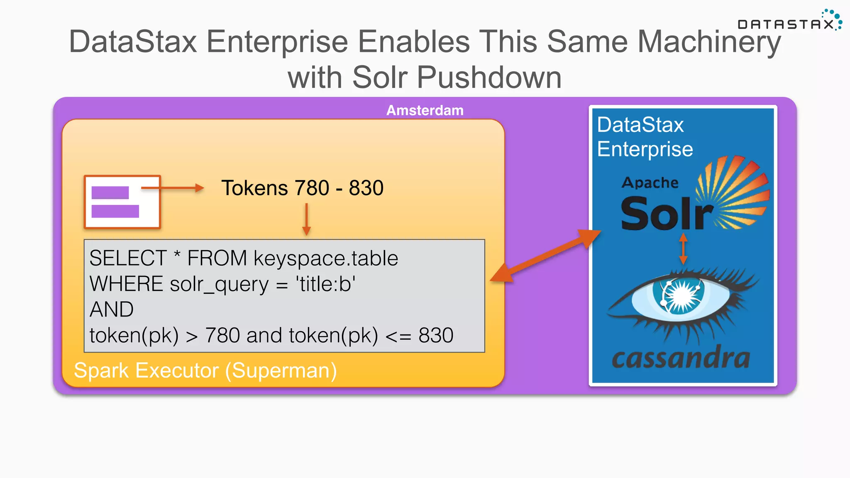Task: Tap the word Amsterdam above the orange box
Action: [x=425, y=110]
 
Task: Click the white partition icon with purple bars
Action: [x=122, y=202]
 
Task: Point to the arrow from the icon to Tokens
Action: [x=172, y=188]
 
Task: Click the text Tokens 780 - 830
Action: [x=302, y=188]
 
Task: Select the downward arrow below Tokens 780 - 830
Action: [x=306, y=219]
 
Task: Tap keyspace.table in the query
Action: [x=326, y=258]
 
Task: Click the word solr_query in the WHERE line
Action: [x=219, y=284]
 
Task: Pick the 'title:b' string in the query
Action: [x=325, y=284]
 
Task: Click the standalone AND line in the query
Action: [x=112, y=310]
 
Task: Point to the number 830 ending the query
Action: [x=436, y=335]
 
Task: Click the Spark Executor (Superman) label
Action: [x=205, y=370]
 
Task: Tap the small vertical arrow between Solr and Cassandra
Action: [x=683, y=249]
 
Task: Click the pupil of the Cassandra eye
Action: [x=679, y=295]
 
